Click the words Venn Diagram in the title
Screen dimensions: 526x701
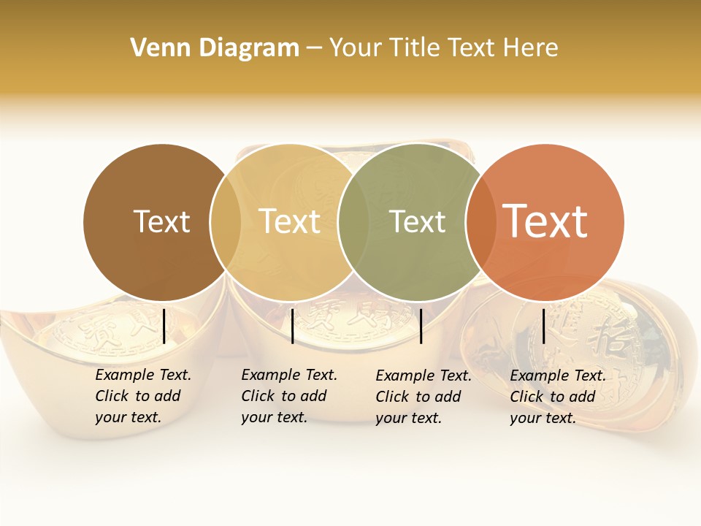click(215, 48)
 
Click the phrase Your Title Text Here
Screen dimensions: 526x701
click(443, 48)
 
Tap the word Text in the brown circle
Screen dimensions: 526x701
click(161, 221)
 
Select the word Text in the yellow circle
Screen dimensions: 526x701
click(289, 221)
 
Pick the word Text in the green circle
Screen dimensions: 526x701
click(417, 221)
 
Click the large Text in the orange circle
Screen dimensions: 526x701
click(545, 221)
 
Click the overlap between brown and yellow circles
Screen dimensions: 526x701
click(226, 222)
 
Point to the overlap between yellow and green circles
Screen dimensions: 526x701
click(353, 222)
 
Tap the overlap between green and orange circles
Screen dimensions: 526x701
click(480, 222)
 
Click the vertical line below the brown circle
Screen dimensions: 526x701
click(164, 326)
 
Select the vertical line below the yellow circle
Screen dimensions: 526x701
click(292, 326)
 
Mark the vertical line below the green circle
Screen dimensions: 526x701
click(421, 326)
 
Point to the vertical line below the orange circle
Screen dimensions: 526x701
click(544, 326)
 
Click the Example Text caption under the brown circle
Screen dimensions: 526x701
click(142, 396)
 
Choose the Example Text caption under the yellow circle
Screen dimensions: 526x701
click(288, 396)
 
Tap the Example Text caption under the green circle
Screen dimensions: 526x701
click(423, 397)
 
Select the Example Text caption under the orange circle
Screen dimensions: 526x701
click(557, 397)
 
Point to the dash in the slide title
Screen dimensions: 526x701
click(314, 49)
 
